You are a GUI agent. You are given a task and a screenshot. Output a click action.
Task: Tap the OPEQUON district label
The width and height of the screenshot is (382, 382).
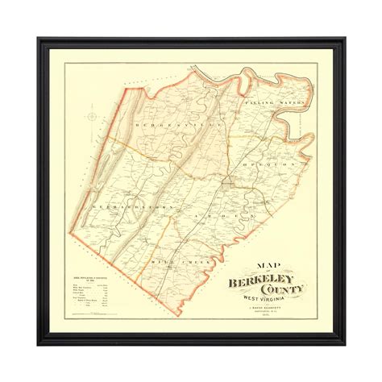click(x=264, y=161)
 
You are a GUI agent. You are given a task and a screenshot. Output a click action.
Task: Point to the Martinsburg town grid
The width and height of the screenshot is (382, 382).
click(x=232, y=188)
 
